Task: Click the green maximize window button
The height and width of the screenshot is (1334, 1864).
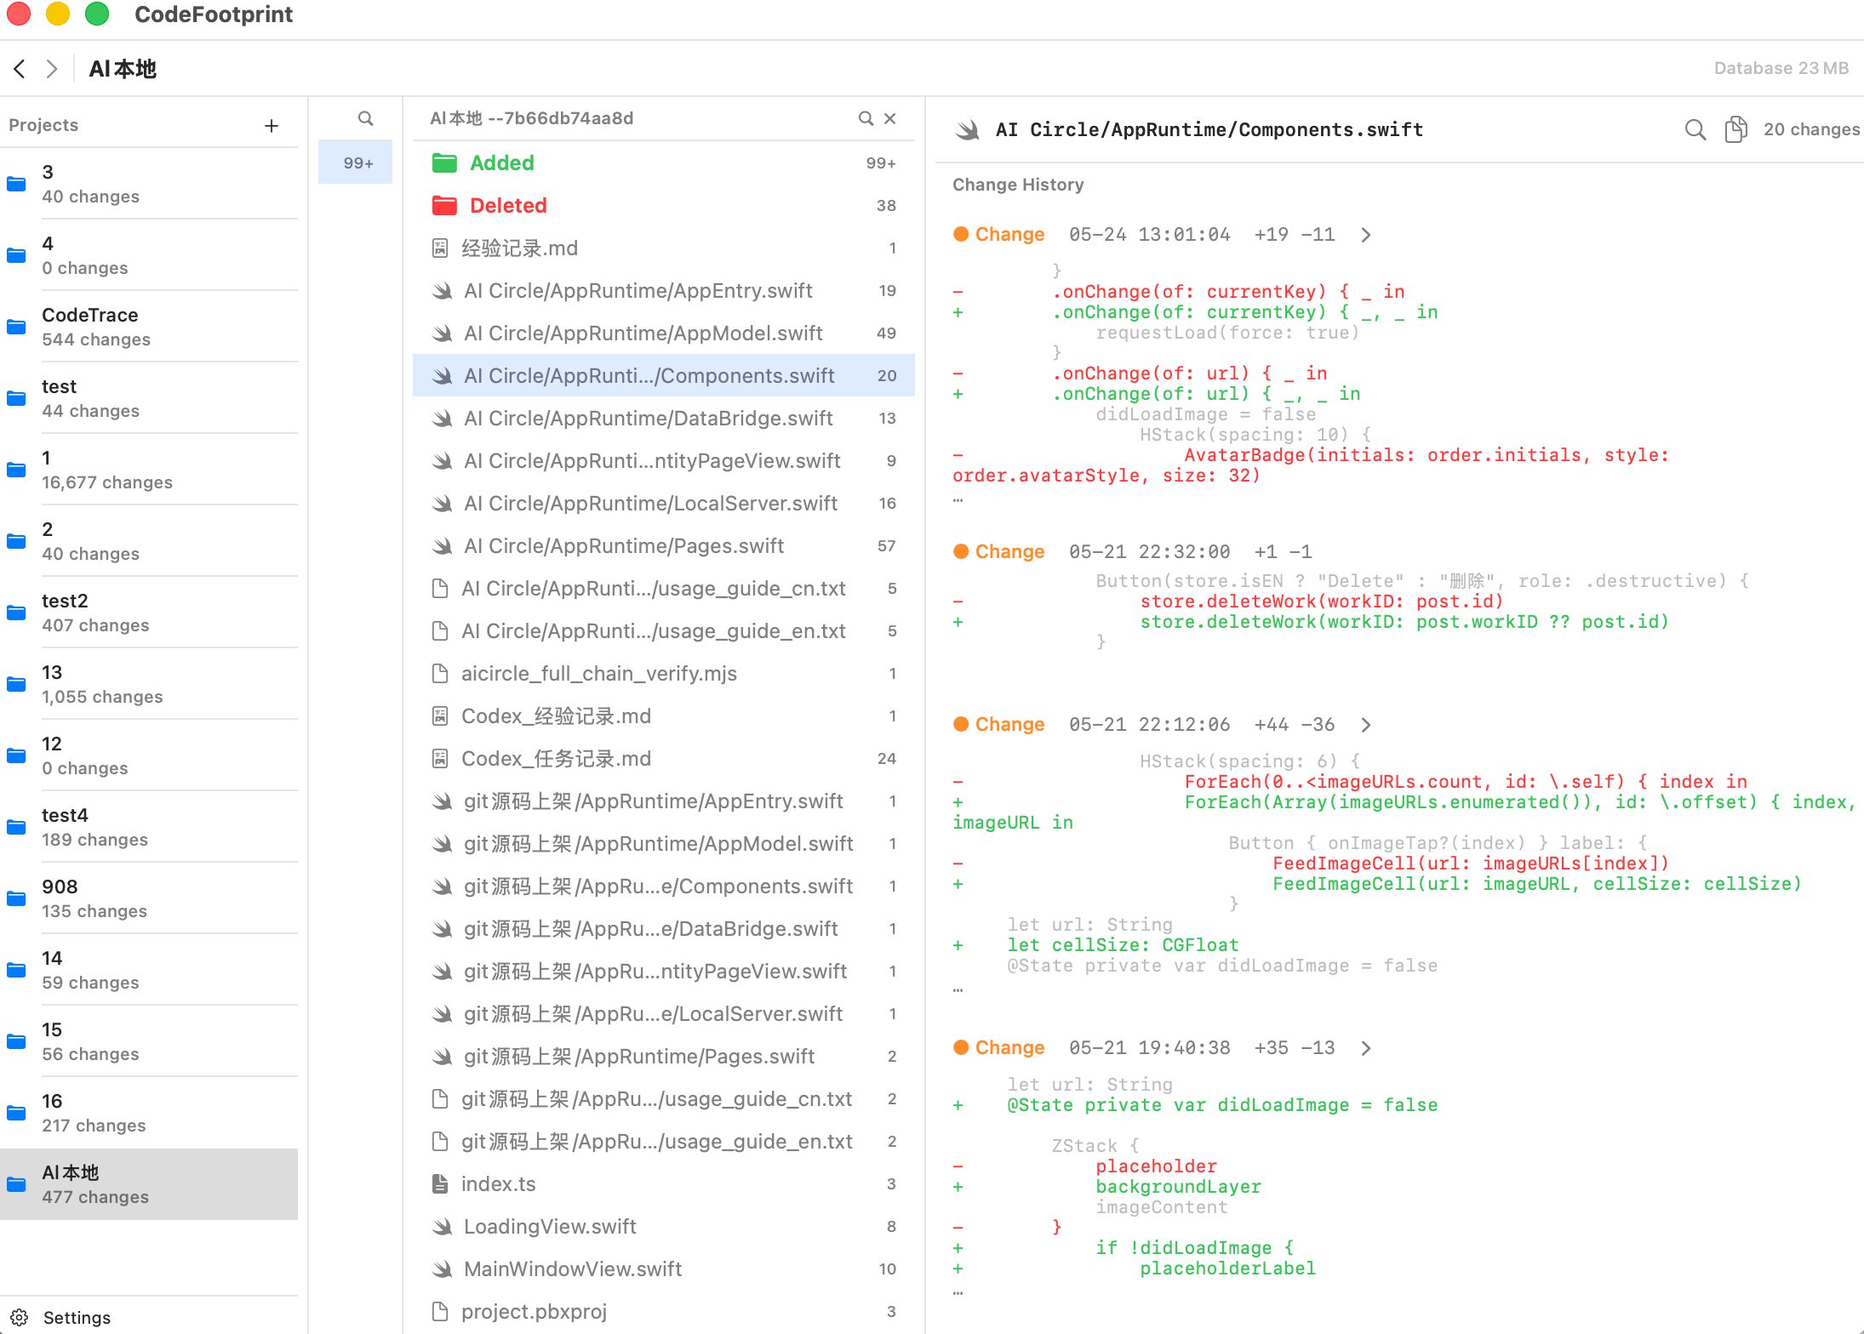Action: coord(97,14)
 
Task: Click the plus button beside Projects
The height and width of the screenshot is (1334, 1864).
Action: coord(272,126)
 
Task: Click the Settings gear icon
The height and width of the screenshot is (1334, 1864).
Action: coord(20,1317)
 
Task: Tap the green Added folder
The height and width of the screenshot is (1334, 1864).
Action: coord(444,163)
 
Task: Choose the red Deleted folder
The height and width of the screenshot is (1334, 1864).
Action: coord(444,206)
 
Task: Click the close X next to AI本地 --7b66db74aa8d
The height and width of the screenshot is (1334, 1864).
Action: coord(890,118)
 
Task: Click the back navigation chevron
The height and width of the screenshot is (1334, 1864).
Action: coord(20,69)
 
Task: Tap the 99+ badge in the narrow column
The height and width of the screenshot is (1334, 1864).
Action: coord(358,162)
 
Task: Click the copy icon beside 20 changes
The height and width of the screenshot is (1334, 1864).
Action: coord(1735,129)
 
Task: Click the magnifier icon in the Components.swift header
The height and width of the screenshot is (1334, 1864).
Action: coord(1695,129)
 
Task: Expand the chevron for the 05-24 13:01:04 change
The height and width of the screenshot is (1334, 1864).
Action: coord(1366,235)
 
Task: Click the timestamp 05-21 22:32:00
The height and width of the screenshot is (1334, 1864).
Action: coord(1149,551)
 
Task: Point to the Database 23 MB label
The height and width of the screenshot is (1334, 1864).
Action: coord(1781,68)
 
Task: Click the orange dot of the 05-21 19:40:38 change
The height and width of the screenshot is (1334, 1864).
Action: coord(961,1047)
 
